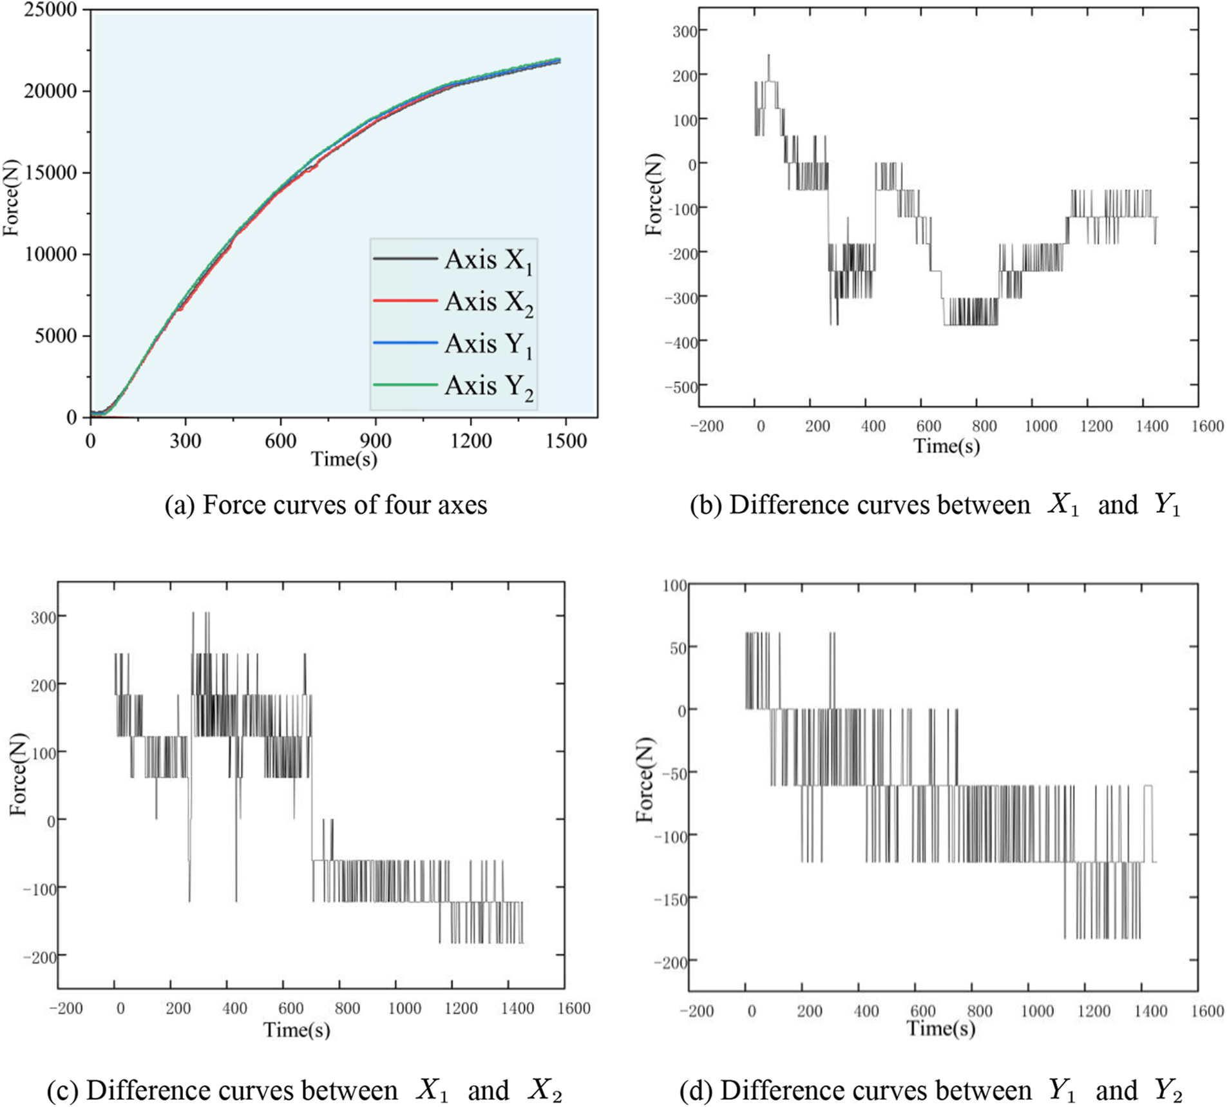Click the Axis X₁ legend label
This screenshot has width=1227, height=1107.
(488, 261)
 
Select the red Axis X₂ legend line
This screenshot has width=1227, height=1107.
(405, 300)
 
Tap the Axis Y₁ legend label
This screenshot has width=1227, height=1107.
(488, 345)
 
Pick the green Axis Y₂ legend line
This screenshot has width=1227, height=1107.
(405, 384)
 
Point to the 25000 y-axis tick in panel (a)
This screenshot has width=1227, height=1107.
(50, 10)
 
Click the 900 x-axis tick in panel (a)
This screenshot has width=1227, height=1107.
(375, 441)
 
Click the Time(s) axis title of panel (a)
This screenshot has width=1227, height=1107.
(344, 459)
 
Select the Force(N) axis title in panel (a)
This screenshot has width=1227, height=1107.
(12, 197)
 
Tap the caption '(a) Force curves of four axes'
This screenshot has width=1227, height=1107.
(326, 505)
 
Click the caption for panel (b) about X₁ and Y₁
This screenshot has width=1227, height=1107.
(935, 505)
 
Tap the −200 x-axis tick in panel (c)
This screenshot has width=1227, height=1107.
(66, 1008)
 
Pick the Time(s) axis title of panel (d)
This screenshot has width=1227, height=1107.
(940, 1029)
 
